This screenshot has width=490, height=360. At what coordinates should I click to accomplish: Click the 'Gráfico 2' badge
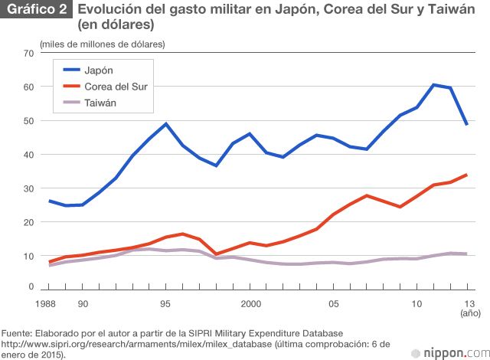click(36, 10)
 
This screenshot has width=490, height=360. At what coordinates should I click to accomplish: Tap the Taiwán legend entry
click(100, 103)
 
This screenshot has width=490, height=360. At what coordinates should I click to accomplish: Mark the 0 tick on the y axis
click(31, 286)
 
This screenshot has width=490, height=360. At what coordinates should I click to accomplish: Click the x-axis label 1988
click(49, 304)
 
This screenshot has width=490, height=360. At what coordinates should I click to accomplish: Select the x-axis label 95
click(165, 304)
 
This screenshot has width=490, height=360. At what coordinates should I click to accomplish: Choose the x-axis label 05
click(334, 304)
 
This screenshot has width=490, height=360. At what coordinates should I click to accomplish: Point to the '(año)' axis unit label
click(469, 314)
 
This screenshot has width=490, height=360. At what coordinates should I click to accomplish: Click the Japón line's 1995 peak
click(166, 123)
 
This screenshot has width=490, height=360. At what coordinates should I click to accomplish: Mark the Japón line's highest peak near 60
click(433, 85)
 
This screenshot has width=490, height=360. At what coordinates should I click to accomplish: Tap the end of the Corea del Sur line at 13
click(467, 175)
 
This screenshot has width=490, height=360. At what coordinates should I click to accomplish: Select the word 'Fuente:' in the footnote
click(18, 333)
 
